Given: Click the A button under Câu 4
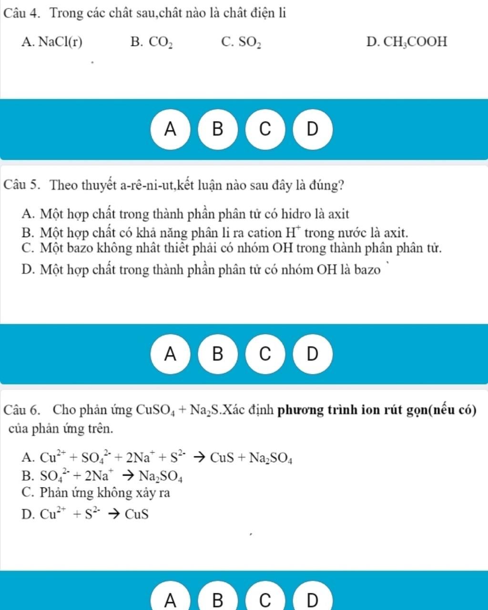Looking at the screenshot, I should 170,129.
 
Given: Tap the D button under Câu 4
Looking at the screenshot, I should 312,129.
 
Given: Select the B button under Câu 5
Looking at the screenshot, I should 217,354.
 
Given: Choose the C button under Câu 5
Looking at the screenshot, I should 265,354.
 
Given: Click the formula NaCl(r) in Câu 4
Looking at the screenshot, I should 61,42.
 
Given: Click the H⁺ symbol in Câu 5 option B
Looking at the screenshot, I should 292,233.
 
